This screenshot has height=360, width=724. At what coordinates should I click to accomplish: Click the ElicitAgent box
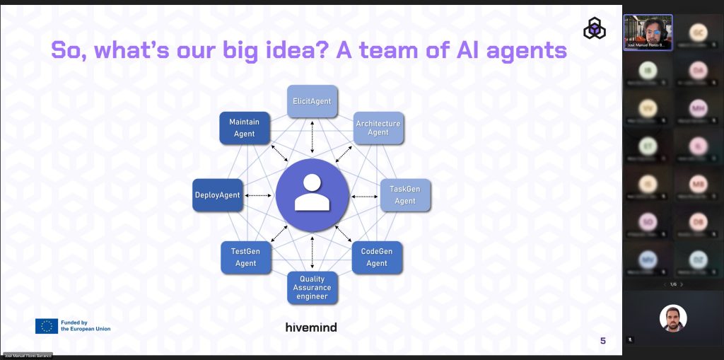point(312,101)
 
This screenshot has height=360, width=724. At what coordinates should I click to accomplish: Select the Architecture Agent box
point(378,128)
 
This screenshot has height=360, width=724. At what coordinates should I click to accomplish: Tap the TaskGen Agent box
point(405,195)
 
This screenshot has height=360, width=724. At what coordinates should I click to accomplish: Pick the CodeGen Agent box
point(377,257)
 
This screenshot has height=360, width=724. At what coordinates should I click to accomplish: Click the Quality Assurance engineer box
point(312,287)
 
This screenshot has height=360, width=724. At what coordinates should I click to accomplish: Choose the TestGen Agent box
point(245,257)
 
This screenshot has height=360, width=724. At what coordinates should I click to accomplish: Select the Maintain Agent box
point(245,127)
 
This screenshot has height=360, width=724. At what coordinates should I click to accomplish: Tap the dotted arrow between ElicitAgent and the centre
point(312,136)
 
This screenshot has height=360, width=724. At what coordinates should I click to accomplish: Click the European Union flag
point(47,325)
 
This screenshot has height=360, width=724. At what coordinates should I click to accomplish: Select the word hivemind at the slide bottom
point(311,327)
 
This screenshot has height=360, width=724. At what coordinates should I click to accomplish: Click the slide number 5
point(602,341)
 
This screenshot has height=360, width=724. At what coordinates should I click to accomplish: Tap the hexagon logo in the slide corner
point(594,28)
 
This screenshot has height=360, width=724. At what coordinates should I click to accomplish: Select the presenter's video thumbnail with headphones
point(648,32)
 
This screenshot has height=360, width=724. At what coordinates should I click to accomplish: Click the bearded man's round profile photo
point(673,318)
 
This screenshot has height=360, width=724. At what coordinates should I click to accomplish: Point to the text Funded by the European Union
point(86,325)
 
